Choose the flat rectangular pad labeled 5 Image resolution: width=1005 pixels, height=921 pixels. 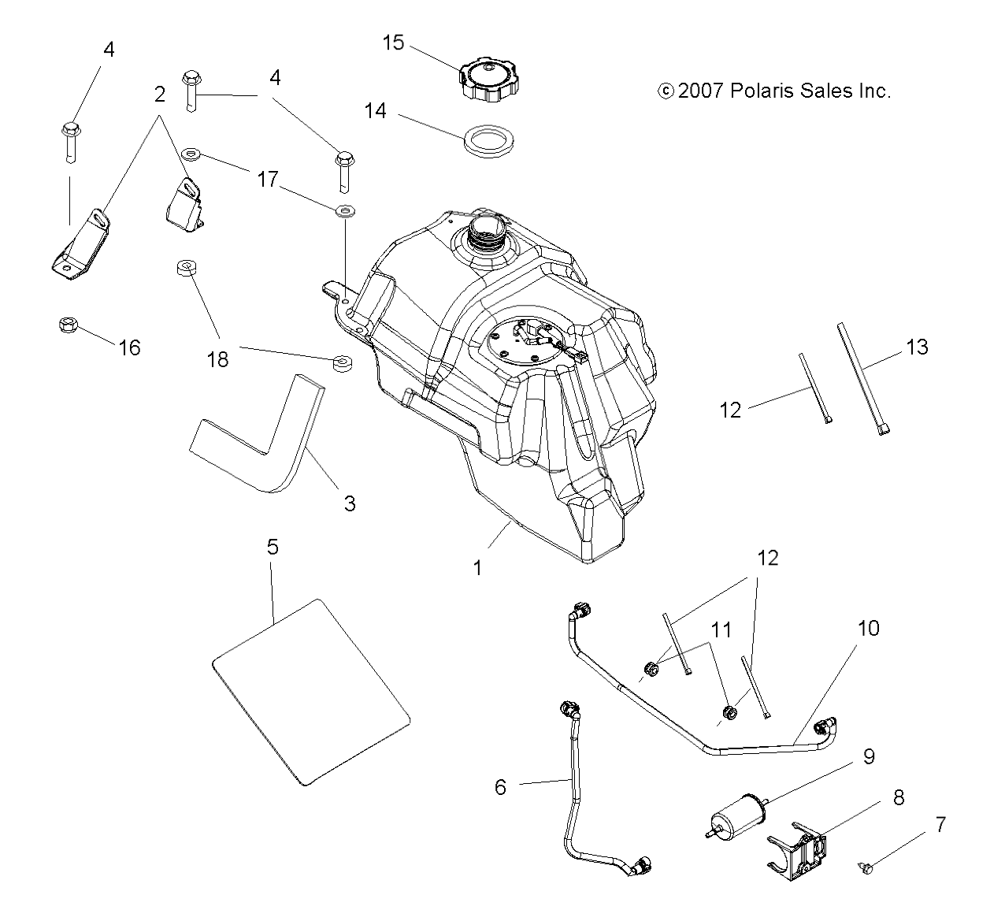coord(312,692)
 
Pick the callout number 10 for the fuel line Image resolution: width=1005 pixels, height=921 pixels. coord(868,629)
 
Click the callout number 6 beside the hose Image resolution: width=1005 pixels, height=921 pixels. coord(501,786)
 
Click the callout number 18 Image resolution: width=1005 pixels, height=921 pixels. coord(217,359)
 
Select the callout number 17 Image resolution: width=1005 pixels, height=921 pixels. coord(268,180)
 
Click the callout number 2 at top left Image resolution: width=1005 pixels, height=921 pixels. coord(160,95)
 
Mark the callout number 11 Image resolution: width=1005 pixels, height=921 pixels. coord(721,630)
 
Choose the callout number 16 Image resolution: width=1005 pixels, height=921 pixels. coord(130,347)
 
